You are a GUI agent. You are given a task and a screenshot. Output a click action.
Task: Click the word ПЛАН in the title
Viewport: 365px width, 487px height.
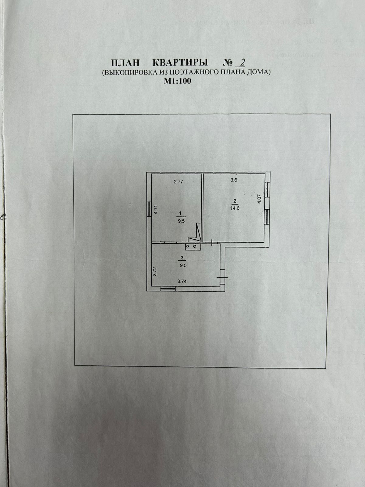125,63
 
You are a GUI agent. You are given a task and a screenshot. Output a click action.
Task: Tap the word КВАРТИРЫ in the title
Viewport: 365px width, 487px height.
180,63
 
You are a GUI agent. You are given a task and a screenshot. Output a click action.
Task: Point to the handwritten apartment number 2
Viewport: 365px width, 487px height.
242,62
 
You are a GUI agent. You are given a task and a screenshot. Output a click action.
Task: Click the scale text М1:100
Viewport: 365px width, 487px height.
178,81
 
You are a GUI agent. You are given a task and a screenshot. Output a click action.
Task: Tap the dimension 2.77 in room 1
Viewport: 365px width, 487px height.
179,182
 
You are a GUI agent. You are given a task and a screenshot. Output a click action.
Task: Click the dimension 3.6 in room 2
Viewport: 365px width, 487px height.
234,180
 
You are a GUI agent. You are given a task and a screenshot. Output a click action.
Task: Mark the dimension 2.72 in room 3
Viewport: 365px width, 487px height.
155,271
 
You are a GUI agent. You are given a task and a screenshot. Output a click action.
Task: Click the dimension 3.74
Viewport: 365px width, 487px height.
182,282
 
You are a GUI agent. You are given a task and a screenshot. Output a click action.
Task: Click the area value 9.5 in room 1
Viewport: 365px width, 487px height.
181,222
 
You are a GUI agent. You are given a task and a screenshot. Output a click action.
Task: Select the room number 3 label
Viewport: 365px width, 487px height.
182,258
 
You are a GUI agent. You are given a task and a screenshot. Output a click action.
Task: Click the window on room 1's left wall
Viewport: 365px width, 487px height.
149,209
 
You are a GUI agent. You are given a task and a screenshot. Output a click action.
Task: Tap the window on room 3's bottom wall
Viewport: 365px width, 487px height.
168,289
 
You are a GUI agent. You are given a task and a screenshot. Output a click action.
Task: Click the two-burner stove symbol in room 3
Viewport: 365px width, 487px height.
192,246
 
